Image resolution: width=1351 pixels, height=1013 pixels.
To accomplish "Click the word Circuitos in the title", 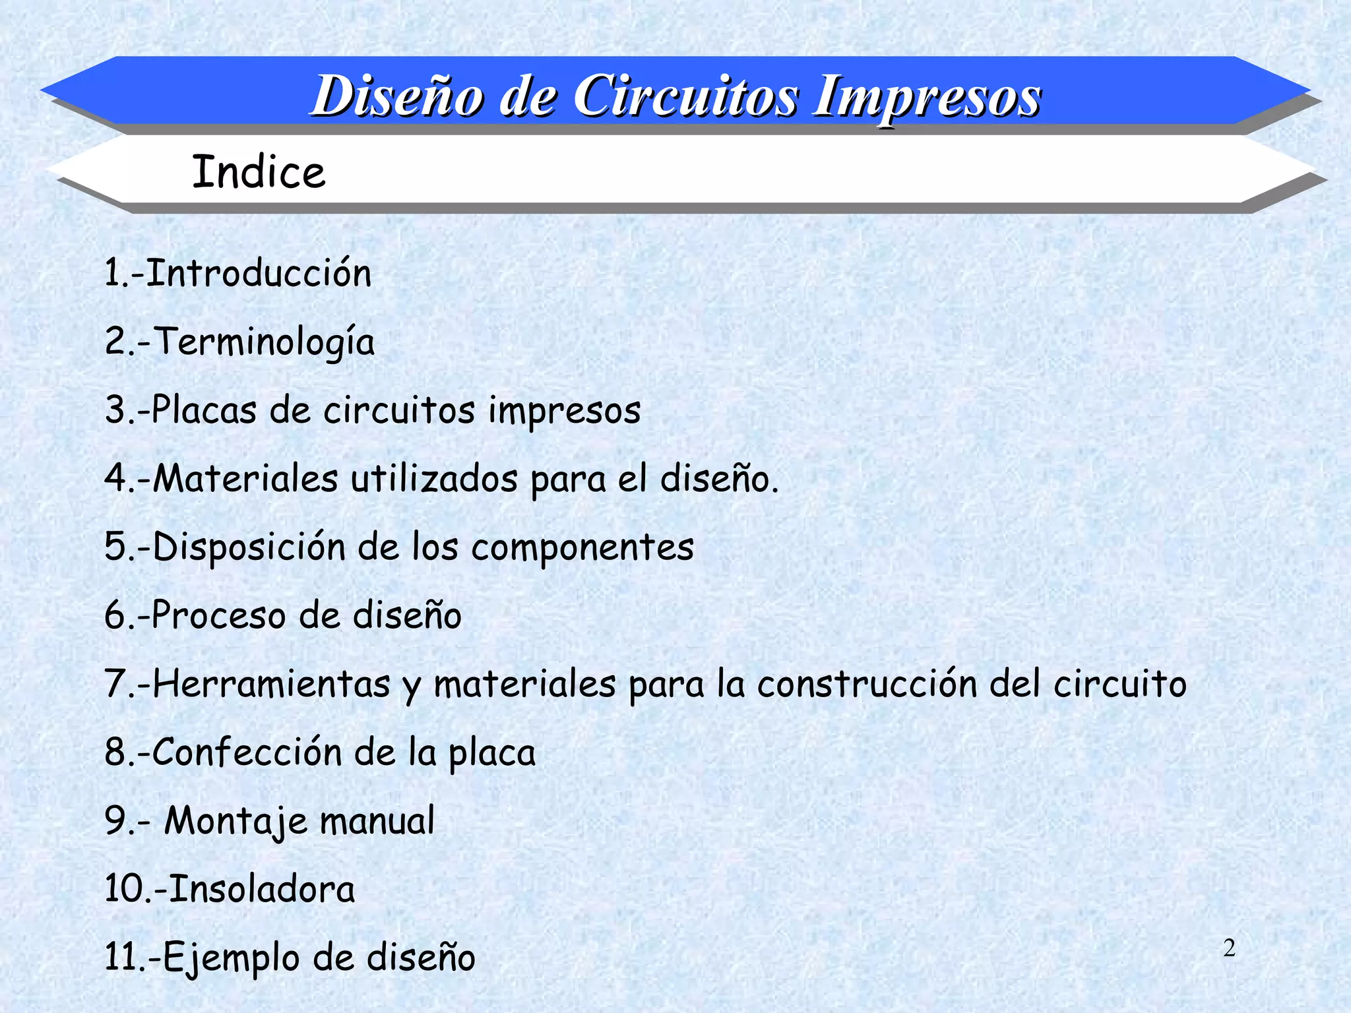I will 686,97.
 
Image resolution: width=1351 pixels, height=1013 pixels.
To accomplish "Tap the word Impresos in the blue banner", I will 927,97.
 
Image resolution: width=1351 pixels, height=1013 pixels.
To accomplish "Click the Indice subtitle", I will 259,172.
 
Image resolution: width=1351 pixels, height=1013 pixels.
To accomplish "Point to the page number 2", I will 1229,948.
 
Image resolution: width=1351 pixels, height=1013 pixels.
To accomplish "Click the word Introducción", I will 259,273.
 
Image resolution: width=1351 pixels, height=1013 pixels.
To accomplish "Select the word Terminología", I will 265,342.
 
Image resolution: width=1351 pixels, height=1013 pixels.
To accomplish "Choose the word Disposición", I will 249,547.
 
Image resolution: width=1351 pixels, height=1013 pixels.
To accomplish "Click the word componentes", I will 582,548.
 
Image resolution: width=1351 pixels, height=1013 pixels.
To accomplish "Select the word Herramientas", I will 272,684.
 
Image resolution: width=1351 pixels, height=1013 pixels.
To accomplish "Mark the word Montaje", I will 236,822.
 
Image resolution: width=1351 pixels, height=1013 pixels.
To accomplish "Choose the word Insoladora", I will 263,889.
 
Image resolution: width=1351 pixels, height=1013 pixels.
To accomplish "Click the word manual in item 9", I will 377,821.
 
